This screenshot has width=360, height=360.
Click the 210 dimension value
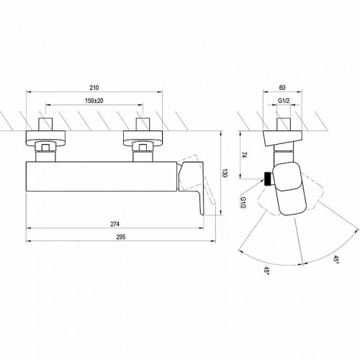tap(94, 88)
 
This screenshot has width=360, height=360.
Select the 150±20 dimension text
tap(94, 101)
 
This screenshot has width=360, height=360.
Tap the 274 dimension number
tap(114, 224)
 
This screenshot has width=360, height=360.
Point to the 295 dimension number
tap(121, 237)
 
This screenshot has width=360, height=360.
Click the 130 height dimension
tap(225, 173)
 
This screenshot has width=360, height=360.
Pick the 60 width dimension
tap(282, 88)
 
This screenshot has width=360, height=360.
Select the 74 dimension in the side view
tap(244, 155)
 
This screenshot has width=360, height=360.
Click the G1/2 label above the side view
tap(284, 101)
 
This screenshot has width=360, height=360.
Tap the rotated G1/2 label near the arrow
tap(243, 202)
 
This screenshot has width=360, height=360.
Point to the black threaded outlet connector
tap(268, 179)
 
